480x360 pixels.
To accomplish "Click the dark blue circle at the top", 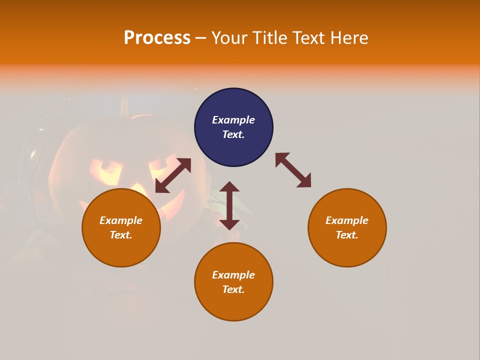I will [x=233, y=127].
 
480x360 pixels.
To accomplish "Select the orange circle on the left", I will [x=121, y=227].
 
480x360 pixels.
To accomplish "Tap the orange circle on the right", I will [x=347, y=227].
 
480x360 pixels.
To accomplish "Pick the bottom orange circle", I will [x=233, y=281].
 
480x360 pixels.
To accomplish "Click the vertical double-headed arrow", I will [x=229, y=205].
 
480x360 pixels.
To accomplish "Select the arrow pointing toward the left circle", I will [x=173, y=175].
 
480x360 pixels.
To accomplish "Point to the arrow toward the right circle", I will [x=293, y=170].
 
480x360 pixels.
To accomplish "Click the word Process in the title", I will [x=157, y=37].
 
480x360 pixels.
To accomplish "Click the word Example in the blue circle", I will [x=233, y=120].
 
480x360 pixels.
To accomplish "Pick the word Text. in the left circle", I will [x=121, y=235].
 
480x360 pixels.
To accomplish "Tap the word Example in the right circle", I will [x=347, y=220].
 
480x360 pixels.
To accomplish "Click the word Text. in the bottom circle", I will [x=233, y=289].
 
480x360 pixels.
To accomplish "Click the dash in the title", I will [x=200, y=38].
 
